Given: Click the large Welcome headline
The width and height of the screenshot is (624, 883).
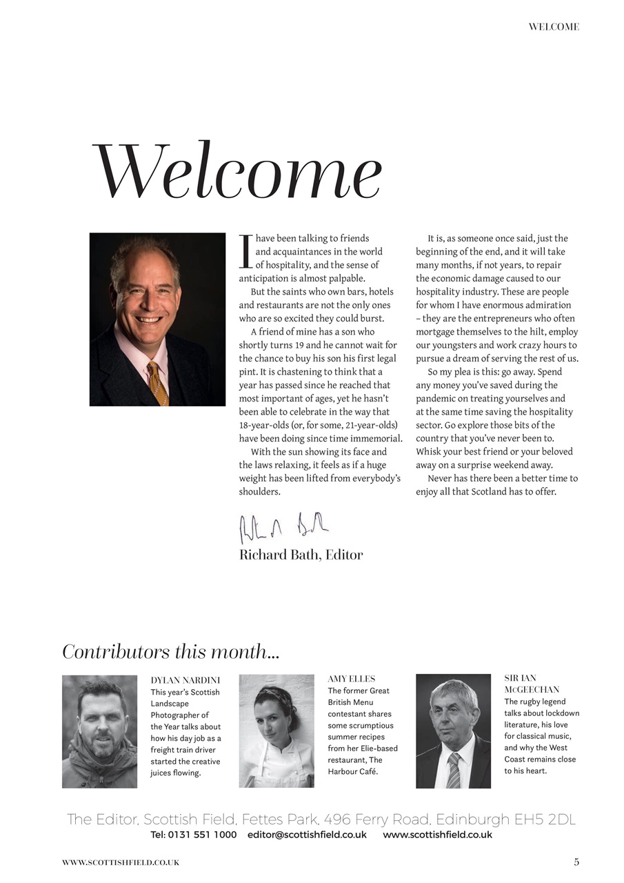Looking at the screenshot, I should tap(236, 172).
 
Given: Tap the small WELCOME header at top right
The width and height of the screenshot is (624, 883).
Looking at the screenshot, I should tap(554, 27).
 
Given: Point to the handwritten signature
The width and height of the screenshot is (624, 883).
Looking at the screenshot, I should tap(283, 528).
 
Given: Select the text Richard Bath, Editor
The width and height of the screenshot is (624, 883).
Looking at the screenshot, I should tap(301, 555).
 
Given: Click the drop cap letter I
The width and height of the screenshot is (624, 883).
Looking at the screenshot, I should tap(244, 252).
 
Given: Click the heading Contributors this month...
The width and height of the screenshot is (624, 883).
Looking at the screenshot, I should tap(170, 652).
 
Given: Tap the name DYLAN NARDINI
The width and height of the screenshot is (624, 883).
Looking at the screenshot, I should tap(185, 680).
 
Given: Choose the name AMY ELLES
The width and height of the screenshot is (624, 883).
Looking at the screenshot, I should tap(351, 679).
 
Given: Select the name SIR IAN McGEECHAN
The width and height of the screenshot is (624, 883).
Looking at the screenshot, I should tap(531, 684).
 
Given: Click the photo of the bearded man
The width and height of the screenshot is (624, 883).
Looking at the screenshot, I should tap(99, 731).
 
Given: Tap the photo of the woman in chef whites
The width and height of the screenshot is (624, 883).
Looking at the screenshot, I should tap(276, 731).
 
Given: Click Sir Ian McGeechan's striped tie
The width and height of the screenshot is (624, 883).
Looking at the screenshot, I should tap(453, 770).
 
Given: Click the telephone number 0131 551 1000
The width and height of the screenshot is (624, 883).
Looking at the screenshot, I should tap(203, 835).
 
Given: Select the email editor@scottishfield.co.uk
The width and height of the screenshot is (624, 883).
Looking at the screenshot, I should tap(307, 835).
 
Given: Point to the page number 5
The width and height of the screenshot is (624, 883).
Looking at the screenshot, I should tap(576, 862).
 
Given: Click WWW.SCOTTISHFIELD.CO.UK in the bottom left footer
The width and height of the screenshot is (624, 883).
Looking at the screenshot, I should tap(121, 862).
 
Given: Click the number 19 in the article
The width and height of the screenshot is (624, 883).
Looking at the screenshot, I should tap(313, 345).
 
